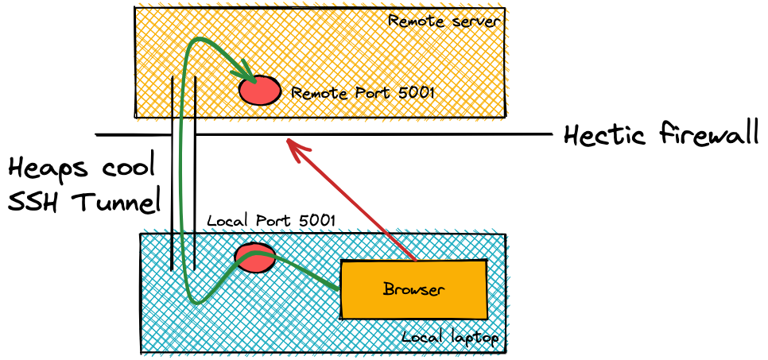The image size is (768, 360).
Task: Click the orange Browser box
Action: [x=413, y=290]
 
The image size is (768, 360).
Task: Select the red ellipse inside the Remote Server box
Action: [x=260, y=91]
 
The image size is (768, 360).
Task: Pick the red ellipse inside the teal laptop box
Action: [x=255, y=257]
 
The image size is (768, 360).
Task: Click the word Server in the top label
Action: [x=475, y=21]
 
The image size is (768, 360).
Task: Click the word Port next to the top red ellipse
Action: [x=371, y=94]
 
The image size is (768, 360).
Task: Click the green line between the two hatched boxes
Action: [x=180, y=175]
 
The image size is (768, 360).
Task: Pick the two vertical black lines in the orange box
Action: [x=184, y=97]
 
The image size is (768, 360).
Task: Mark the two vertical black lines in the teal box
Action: [x=183, y=250]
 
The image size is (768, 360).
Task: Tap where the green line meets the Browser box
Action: [x=340, y=288]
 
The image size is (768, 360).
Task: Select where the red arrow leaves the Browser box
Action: [x=415, y=260]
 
